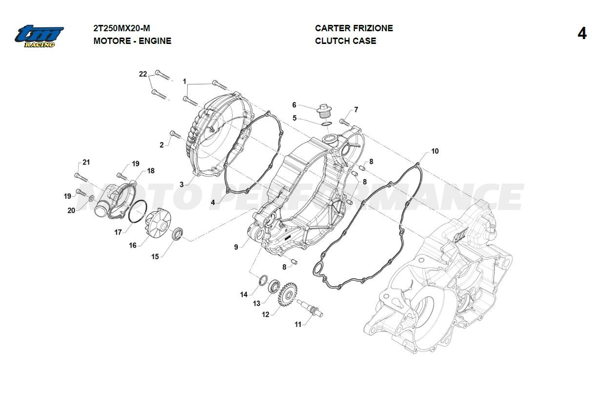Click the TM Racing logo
39,36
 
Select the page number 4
581,34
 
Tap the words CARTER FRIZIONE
354,28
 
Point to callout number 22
143,74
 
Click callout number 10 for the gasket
435,151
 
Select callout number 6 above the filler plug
294,105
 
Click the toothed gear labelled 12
287,296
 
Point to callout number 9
236,247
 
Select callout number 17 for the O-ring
118,232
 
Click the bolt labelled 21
78,176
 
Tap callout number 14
243,294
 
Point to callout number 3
181,185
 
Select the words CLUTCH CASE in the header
345,41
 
